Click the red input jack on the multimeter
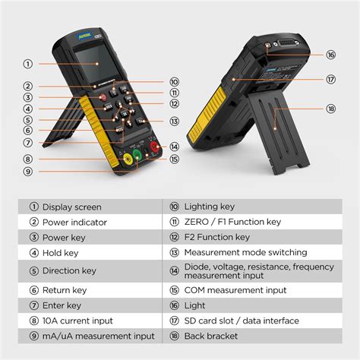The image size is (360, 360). pyautogui.click(x=154, y=148)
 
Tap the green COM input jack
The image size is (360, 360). pyautogui.click(x=137, y=155)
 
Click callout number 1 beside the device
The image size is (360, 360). pyautogui.click(x=28, y=65)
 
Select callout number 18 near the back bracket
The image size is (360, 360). pyautogui.click(x=330, y=109)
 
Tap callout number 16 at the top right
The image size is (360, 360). pyautogui.click(x=330, y=55)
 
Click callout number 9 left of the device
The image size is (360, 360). pyautogui.click(x=28, y=172)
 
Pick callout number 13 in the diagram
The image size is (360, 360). pyautogui.click(x=174, y=122)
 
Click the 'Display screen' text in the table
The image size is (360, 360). pyautogui.click(x=71, y=207)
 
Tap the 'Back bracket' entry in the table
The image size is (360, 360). pyautogui.click(x=211, y=336)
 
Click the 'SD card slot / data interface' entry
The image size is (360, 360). pyautogui.click(x=242, y=321)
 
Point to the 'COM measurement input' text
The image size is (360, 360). pyautogui.click(x=235, y=289)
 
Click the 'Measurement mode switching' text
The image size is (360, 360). pyautogui.click(x=245, y=252)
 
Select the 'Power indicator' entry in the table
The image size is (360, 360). pyautogui.click(x=74, y=222)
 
